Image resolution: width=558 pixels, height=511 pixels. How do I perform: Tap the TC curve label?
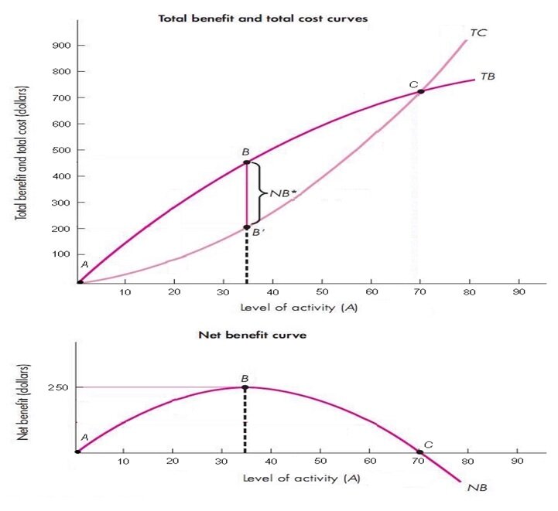[x=478, y=33]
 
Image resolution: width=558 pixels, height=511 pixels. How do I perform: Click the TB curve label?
[x=488, y=77]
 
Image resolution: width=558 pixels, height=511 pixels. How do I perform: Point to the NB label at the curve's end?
[x=477, y=488]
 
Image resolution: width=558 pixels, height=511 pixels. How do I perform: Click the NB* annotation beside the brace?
[x=283, y=193]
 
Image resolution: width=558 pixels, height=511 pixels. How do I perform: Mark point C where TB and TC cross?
[x=421, y=91]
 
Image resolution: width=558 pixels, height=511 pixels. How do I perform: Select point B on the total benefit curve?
[x=247, y=162]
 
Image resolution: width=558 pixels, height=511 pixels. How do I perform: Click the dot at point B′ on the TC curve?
[x=247, y=227]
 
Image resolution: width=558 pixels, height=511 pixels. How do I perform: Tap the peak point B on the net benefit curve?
[x=245, y=387]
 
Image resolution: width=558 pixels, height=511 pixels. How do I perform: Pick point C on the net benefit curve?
[x=420, y=451]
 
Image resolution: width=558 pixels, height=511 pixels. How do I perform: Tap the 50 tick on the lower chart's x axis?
[x=321, y=462]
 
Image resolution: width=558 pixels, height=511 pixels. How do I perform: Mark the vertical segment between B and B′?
[x=247, y=195]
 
